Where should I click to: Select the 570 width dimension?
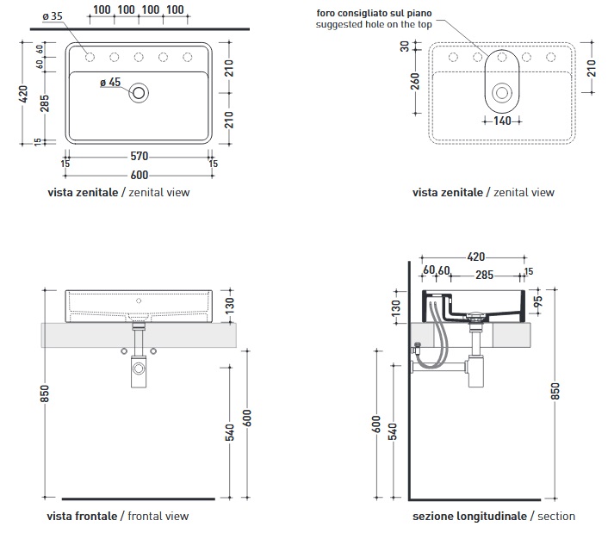pos(140,156)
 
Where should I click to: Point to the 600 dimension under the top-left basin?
pos(140,172)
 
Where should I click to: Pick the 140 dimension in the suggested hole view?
pos(502,121)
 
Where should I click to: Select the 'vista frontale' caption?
pos(83,516)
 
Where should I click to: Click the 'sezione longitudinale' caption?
pos(469,516)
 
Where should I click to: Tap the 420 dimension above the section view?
pos(475,257)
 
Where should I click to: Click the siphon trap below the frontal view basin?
pos(139,370)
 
